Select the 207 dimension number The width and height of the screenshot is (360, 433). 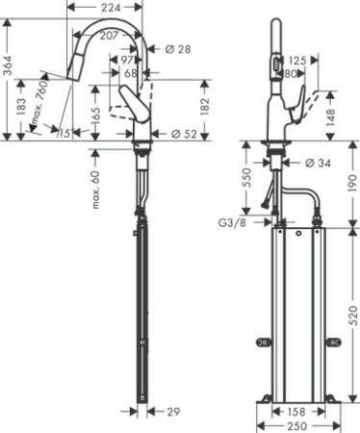(110, 35)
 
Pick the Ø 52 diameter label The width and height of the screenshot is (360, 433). (182, 134)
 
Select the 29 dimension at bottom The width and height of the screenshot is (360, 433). (172, 412)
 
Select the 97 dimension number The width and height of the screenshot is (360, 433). (127, 61)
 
